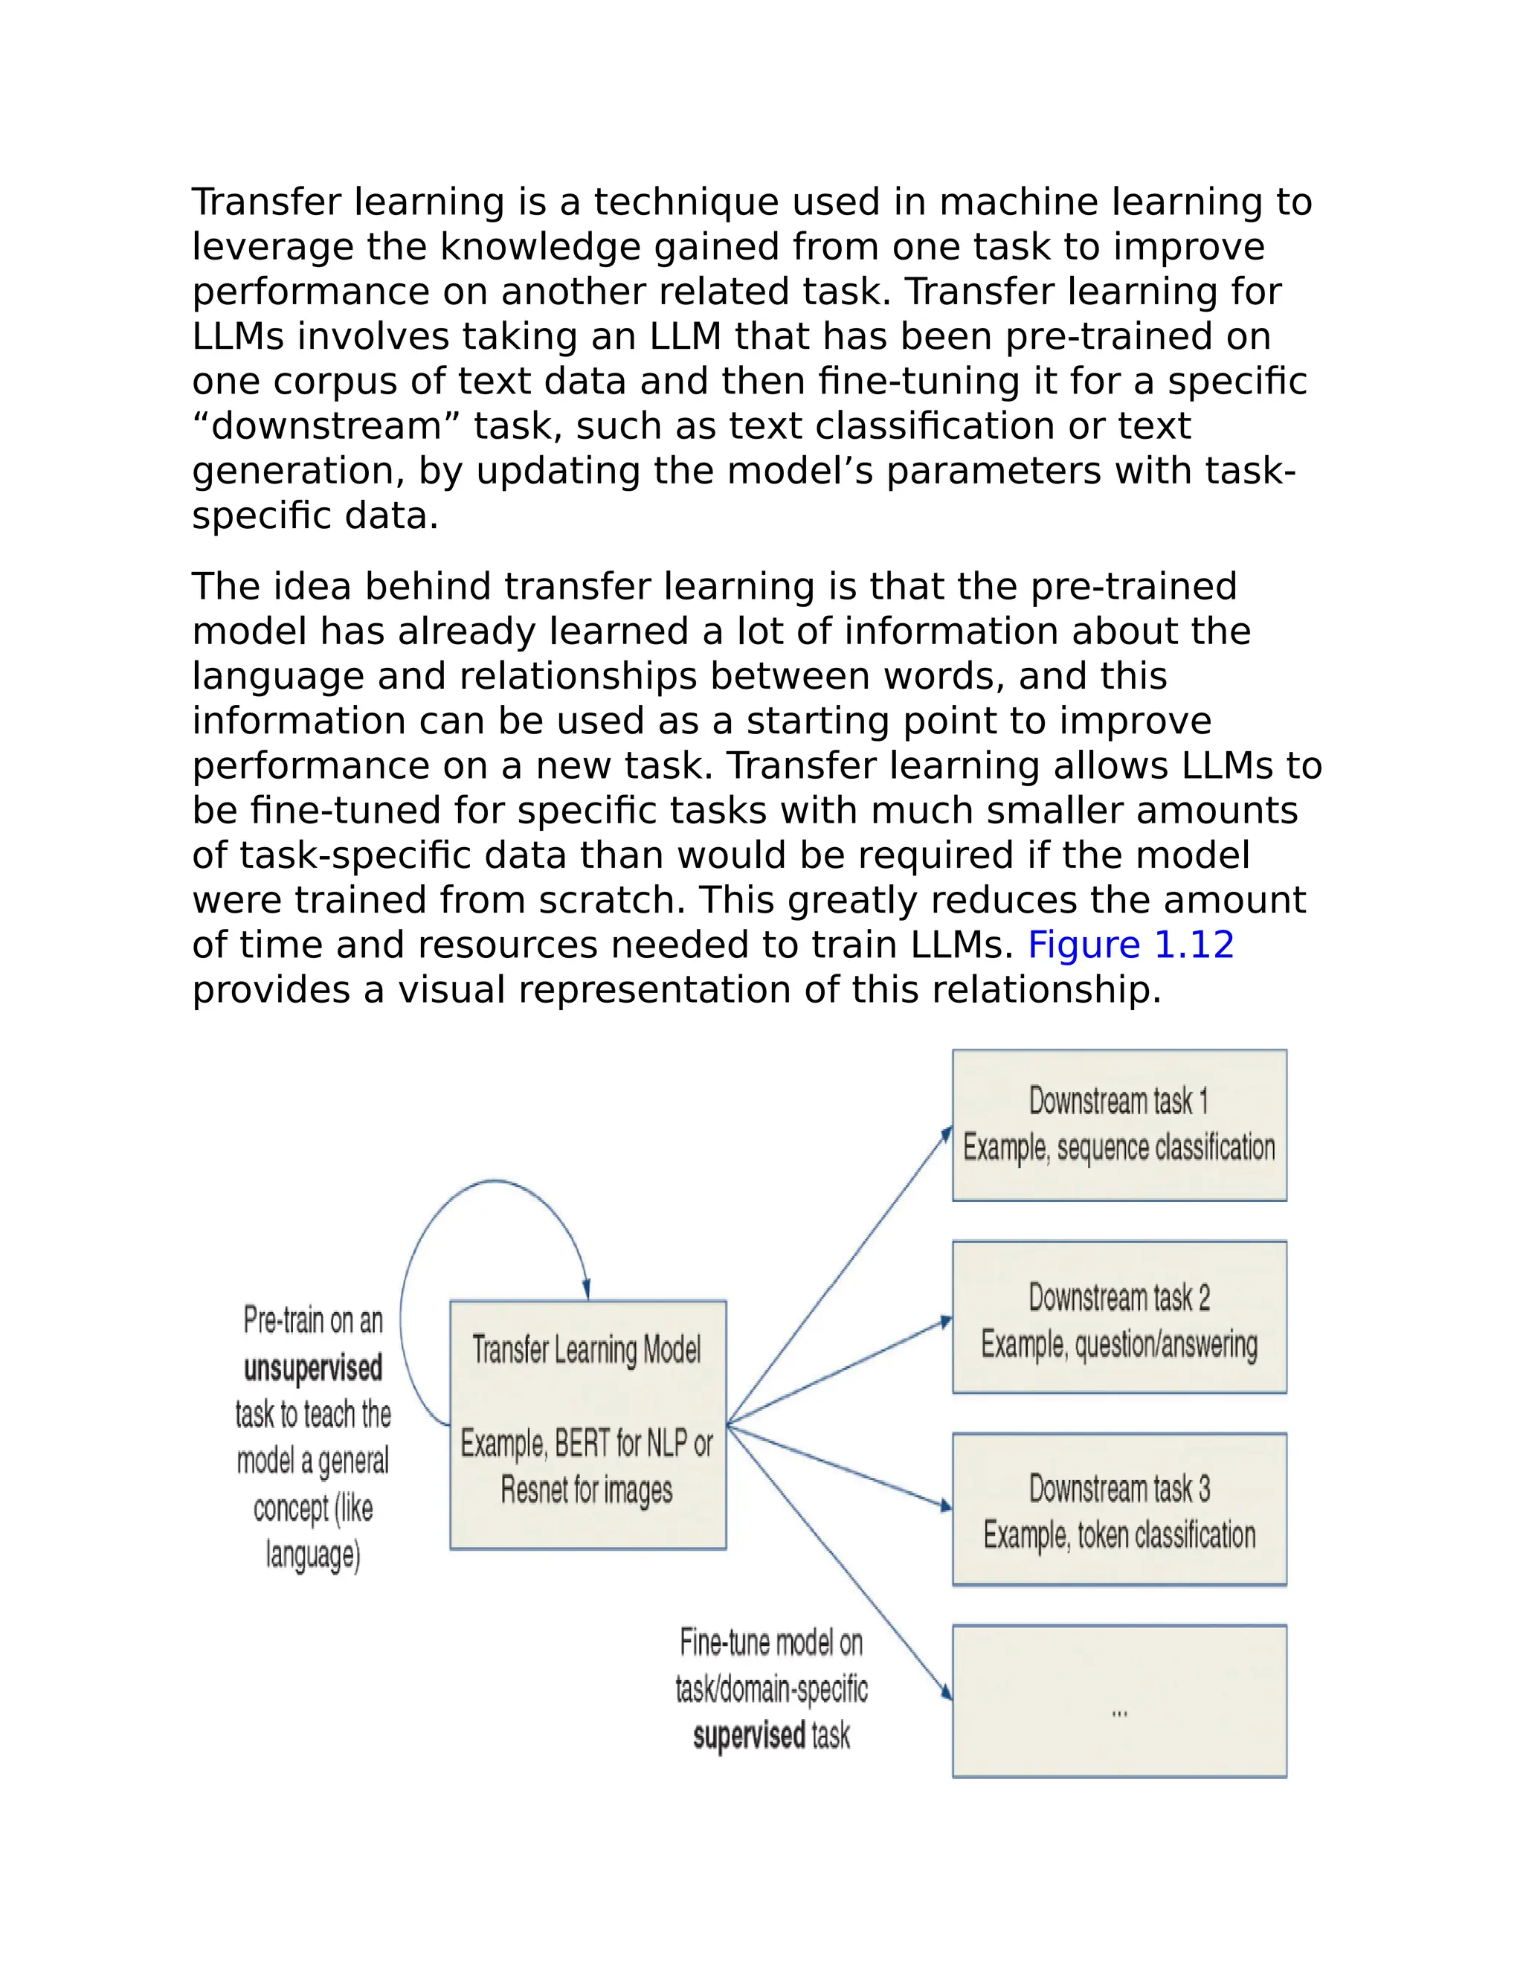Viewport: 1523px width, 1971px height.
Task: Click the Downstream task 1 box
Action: [1118, 1125]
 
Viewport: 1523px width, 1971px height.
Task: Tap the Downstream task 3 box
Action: [1118, 1509]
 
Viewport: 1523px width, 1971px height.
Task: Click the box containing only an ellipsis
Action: [1118, 1701]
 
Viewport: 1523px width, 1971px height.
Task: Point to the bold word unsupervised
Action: [312, 1368]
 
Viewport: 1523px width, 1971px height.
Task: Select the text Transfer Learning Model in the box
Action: [587, 1349]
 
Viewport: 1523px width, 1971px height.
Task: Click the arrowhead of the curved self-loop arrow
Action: [587, 1290]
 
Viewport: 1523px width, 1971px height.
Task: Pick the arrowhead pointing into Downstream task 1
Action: [947, 1134]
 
